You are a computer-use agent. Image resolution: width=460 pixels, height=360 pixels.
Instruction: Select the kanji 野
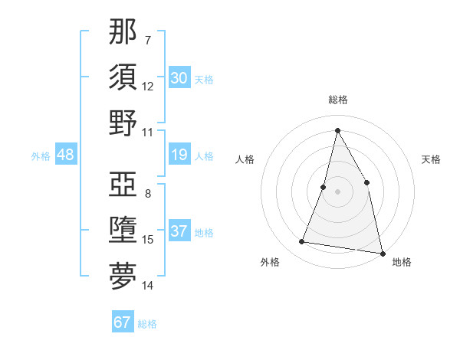(123, 123)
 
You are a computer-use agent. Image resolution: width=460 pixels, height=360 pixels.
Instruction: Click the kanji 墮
(123, 231)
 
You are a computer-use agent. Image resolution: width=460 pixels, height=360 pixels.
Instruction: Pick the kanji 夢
(123, 277)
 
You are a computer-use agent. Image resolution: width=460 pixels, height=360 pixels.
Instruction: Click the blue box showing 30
(179, 77)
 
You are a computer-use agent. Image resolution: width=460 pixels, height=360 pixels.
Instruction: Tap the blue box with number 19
(179, 155)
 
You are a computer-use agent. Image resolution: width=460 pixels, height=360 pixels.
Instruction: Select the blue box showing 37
(179, 231)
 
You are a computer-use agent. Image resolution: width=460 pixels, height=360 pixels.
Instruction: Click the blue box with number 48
(65, 155)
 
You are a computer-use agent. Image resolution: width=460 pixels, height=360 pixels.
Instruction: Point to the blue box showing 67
(123, 322)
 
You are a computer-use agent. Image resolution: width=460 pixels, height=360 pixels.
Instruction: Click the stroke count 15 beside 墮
(148, 240)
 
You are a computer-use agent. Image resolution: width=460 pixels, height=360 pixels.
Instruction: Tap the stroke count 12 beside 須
(148, 86)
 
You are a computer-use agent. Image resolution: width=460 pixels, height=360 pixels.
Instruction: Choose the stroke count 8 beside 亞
(148, 194)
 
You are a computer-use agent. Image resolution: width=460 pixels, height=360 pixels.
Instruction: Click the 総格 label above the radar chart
(338, 100)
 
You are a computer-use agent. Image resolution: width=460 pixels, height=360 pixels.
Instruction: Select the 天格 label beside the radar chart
(431, 159)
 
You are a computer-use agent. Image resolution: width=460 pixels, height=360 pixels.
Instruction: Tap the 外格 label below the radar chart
(270, 262)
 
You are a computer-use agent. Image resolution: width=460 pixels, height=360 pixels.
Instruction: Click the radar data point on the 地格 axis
(382, 253)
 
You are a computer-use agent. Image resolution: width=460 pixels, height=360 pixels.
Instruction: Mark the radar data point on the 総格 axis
(337, 129)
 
